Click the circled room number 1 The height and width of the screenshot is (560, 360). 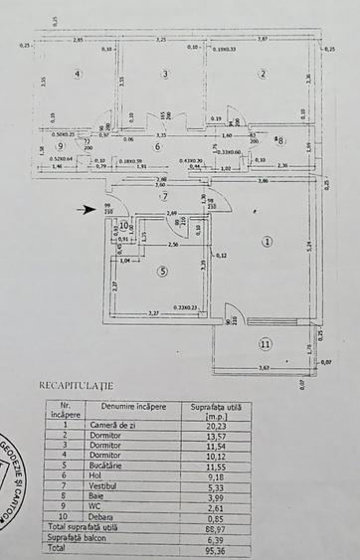pyautogui.click(x=267, y=241)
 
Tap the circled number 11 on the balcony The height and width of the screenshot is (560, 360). pyautogui.click(x=265, y=344)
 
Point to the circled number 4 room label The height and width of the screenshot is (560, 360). pyautogui.click(x=75, y=74)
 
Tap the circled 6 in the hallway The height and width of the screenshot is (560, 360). pyautogui.click(x=156, y=146)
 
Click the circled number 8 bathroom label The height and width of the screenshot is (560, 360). pyautogui.click(x=280, y=140)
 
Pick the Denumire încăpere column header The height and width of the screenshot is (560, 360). pyautogui.click(x=120, y=407)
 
